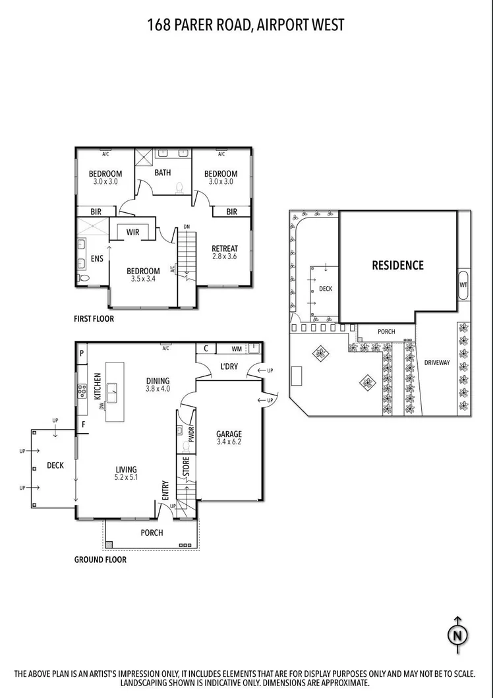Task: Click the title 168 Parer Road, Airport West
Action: click(x=246, y=25)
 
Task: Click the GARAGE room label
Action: click(x=229, y=434)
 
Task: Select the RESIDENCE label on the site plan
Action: click(x=397, y=265)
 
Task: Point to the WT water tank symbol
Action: click(x=463, y=284)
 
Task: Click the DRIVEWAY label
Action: click(x=436, y=363)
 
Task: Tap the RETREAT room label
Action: click(x=225, y=248)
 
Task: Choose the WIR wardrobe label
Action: click(x=133, y=232)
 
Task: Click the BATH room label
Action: click(x=163, y=173)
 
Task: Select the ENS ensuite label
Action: click(x=97, y=259)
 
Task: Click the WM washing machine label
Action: click(x=236, y=349)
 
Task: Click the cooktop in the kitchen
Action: click(x=82, y=390)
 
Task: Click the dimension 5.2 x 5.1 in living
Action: click(x=127, y=478)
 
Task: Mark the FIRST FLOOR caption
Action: click(x=94, y=319)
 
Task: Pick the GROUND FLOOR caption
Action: click(x=100, y=560)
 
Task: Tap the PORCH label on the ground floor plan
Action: click(x=152, y=533)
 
